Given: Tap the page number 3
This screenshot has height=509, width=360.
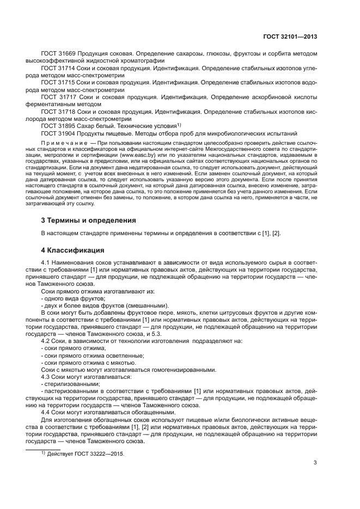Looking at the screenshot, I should tap(315, 463).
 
